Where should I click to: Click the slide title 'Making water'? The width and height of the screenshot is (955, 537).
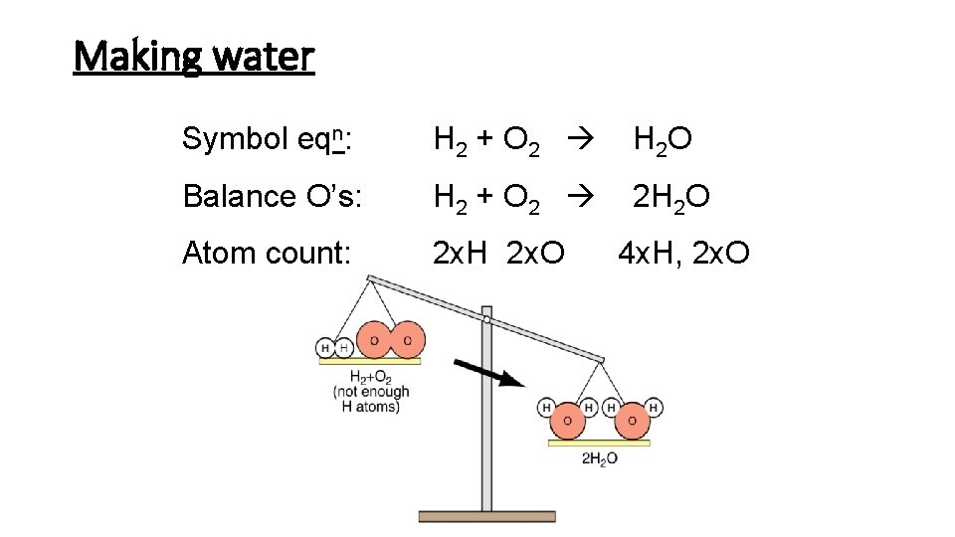(x=194, y=57)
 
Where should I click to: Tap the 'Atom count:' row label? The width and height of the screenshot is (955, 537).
(x=267, y=254)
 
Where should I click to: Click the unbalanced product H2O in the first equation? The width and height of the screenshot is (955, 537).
(x=664, y=141)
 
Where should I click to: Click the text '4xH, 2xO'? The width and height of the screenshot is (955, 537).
(x=683, y=254)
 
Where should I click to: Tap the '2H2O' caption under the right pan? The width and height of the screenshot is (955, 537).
(x=599, y=457)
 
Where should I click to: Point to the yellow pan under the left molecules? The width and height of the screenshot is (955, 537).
(x=370, y=361)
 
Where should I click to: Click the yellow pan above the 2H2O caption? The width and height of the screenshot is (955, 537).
(x=599, y=443)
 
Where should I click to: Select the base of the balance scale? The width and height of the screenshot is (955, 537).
(x=487, y=515)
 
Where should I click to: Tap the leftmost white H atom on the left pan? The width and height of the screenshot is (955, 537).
(x=324, y=347)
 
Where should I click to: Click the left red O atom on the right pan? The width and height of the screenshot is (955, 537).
(x=567, y=422)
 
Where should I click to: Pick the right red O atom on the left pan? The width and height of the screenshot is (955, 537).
(x=408, y=339)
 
